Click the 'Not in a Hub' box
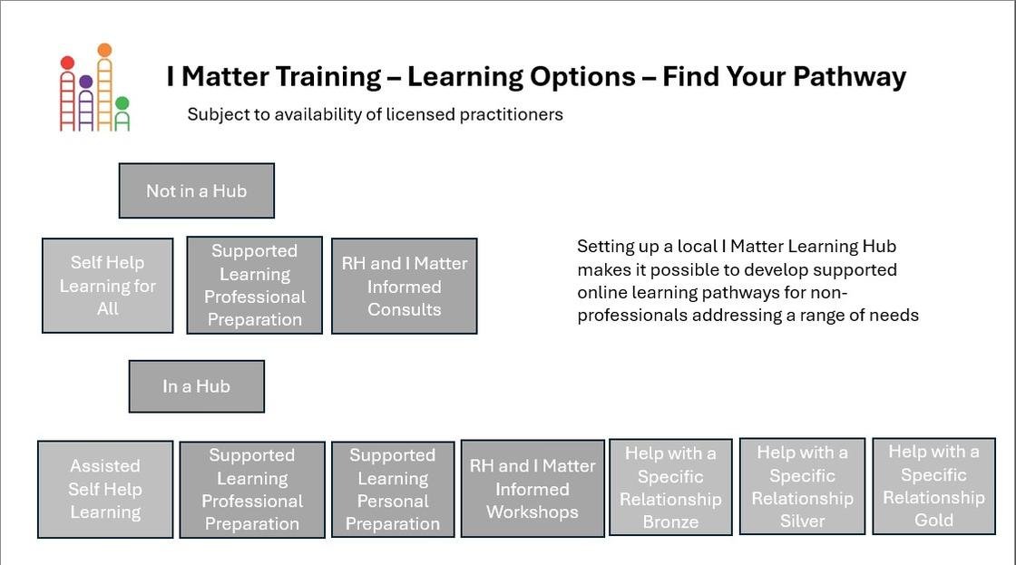pos(196,190)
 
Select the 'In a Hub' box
pos(196,386)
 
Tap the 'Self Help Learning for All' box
pos(108,286)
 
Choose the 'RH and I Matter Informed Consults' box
pos(405,286)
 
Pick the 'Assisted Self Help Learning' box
pos(105,489)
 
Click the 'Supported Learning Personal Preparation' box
pos(393,489)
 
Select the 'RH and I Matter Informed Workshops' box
pos(532,489)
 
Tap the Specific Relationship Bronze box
pos(670,487)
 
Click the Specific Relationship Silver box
pos(802,487)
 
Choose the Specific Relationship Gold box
pos(933,486)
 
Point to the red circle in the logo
pos(67,63)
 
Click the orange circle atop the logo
pos(104,50)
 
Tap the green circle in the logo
pos(122,103)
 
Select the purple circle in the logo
pos(85,82)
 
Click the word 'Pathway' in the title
pos(849,77)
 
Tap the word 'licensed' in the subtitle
pos(421,114)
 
